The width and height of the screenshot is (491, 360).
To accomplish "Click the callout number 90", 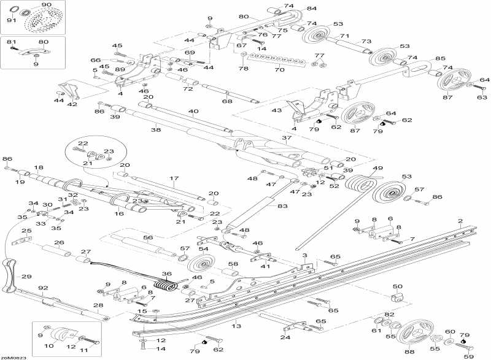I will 47,4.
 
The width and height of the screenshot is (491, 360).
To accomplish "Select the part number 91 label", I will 11,20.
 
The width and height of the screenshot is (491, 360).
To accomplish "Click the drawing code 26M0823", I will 14,356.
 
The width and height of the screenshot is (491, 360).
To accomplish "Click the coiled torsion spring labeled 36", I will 164,285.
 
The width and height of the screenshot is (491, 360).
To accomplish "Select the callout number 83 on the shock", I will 282,206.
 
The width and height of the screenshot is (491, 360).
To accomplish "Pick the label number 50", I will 397,286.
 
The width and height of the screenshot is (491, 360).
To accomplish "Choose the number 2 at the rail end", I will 460,220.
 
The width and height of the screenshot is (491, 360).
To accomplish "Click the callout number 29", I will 26,277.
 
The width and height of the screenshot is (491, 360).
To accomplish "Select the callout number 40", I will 194,112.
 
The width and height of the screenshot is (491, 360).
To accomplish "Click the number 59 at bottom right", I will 469,356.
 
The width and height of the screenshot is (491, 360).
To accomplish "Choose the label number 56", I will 147,237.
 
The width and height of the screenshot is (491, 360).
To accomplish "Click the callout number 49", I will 377,168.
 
